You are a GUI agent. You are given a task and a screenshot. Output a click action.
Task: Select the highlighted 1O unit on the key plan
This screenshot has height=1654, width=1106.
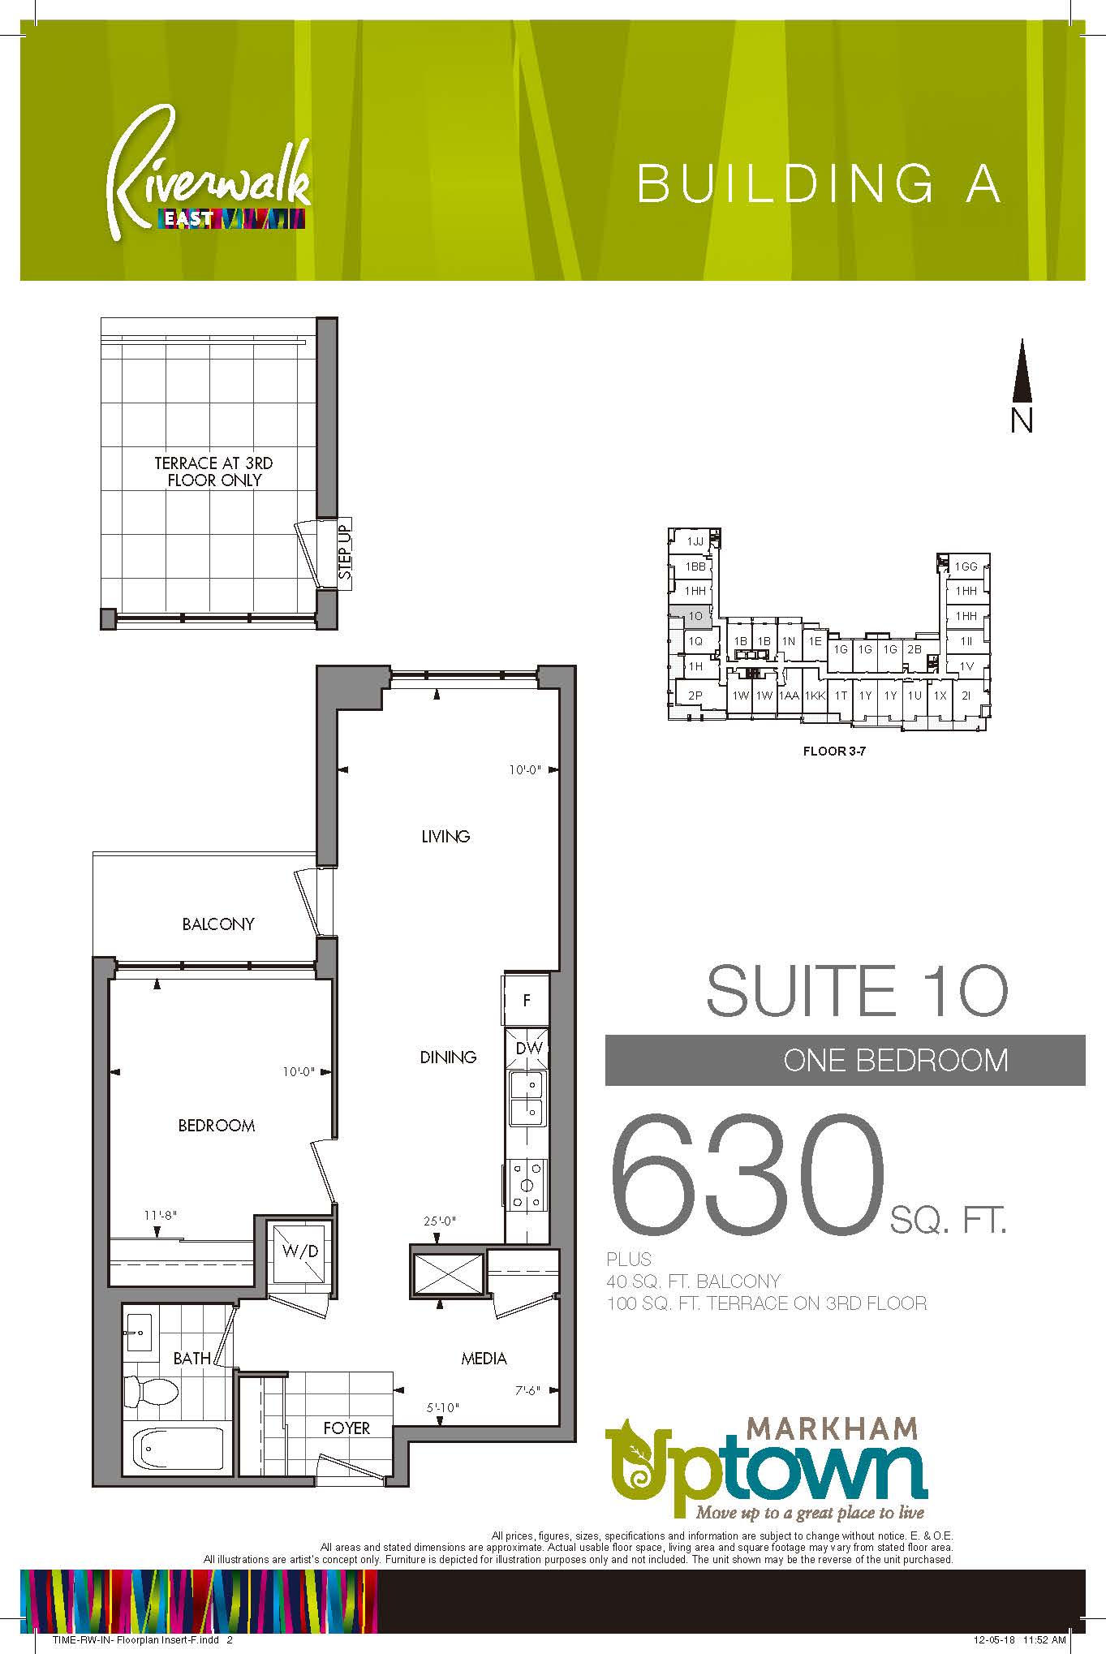pyautogui.click(x=691, y=617)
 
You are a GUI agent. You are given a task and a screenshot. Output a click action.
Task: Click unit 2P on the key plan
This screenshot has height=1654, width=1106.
pyautogui.click(x=695, y=696)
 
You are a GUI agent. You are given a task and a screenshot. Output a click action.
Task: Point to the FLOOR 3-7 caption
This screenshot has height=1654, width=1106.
pyautogui.click(x=834, y=751)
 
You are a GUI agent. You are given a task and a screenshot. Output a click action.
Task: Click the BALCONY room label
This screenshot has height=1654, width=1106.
pyautogui.click(x=218, y=924)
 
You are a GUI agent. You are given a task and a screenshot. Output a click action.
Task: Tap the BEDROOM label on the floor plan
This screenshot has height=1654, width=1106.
pyautogui.click(x=217, y=1125)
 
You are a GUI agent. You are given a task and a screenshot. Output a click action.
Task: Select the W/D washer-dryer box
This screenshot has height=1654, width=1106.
pyautogui.click(x=299, y=1252)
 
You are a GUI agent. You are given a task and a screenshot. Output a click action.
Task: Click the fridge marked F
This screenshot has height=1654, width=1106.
pyautogui.click(x=527, y=1000)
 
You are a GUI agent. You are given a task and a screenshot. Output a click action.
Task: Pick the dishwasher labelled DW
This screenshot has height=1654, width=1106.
pyautogui.click(x=528, y=1048)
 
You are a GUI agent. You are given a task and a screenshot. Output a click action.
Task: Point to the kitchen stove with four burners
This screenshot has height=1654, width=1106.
pyautogui.click(x=527, y=1186)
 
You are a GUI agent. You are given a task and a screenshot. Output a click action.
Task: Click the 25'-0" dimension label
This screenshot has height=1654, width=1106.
pyautogui.click(x=440, y=1221)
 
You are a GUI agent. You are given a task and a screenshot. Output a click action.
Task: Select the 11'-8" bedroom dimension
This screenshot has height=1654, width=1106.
pyautogui.click(x=161, y=1215)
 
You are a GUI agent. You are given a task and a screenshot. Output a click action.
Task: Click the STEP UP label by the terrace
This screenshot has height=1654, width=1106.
pyautogui.click(x=346, y=553)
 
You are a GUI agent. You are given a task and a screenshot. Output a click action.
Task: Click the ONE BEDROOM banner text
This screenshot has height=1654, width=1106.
pyautogui.click(x=895, y=1060)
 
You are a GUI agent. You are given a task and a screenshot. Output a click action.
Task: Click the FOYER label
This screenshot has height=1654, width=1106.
pyautogui.click(x=346, y=1428)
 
